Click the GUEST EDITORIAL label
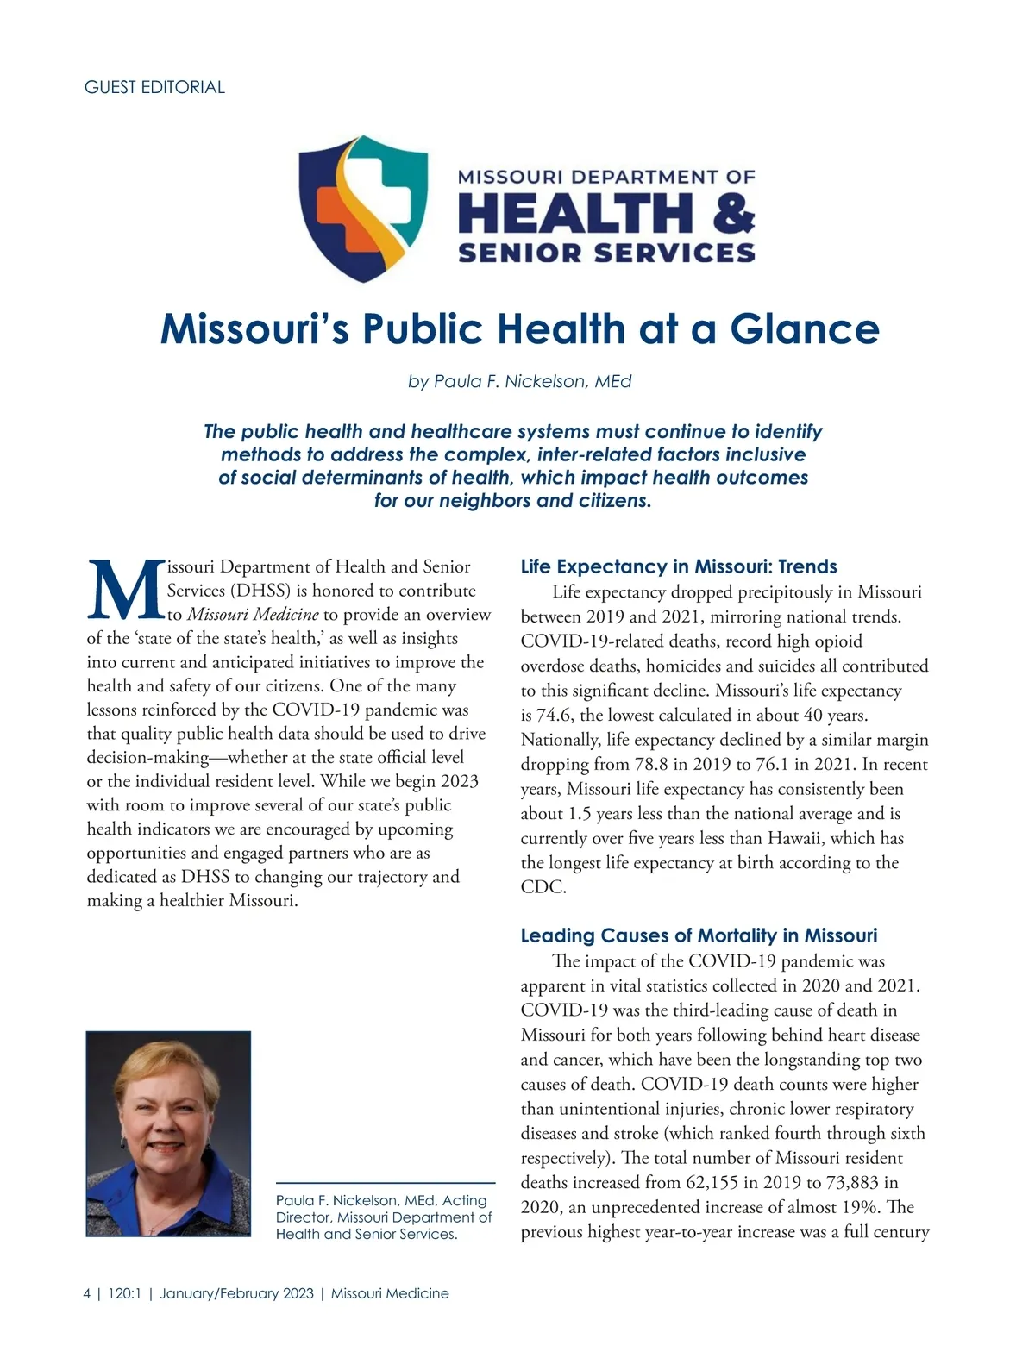click(154, 87)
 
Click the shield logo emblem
click(362, 207)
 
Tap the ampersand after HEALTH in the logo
click(733, 213)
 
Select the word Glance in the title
click(804, 329)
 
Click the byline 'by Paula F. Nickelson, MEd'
click(519, 381)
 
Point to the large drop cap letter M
click(124, 591)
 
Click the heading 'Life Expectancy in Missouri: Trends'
click(679, 566)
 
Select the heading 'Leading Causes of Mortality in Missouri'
click(699, 935)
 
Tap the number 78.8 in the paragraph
click(662, 764)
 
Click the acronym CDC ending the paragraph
click(543, 887)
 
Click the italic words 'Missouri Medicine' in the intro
click(253, 615)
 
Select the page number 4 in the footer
click(86, 1293)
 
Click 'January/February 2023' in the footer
click(236, 1293)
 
